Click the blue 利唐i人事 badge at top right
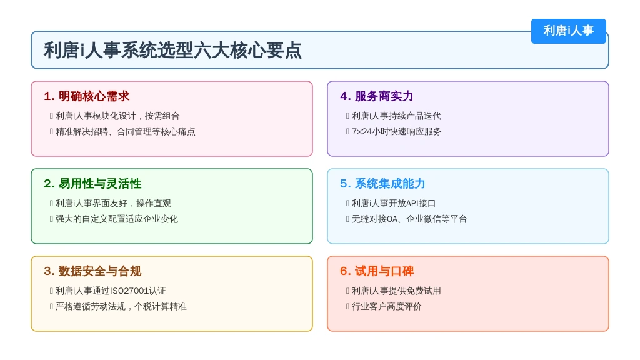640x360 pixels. coord(568,31)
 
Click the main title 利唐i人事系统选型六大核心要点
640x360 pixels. coord(172,50)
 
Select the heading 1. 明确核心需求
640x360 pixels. coord(86,96)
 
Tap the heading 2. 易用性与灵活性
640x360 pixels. coord(92,184)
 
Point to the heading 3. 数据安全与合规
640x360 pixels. coord(92,271)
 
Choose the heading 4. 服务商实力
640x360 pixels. coord(377,96)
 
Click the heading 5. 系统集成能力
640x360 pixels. coord(382,184)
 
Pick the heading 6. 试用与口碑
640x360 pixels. coord(377,271)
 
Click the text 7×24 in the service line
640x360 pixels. coord(362,132)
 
